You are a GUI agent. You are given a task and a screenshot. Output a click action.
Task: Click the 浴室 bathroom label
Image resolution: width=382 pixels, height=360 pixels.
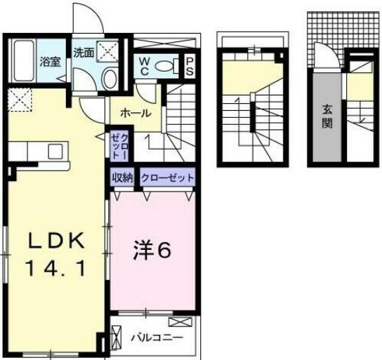pyautogui.click(x=49, y=61)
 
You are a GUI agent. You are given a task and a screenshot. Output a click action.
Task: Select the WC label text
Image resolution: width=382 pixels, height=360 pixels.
pyautogui.click(x=143, y=65)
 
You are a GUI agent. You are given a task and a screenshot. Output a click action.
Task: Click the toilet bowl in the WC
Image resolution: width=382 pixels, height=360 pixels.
pyautogui.click(x=164, y=66)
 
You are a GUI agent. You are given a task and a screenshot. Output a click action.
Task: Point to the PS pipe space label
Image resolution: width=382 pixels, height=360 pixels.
pyautogui.click(x=189, y=66)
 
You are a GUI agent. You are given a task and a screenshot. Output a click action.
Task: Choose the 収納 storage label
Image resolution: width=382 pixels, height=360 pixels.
pyautogui.click(x=122, y=177)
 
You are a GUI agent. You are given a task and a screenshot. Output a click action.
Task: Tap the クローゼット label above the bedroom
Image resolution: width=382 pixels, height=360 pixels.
pyautogui.click(x=166, y=177)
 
